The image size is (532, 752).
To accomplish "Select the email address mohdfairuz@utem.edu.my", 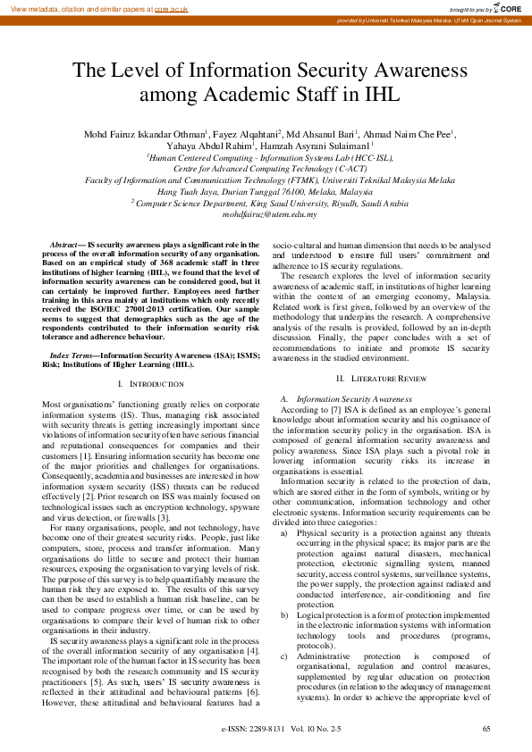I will coord(266,214).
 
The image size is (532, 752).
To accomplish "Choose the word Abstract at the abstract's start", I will coord(63,244).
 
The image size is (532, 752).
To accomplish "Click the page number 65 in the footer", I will coord(486,730).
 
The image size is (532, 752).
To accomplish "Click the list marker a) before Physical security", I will coord(284,533).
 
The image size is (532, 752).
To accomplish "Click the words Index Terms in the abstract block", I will coord(72,355).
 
